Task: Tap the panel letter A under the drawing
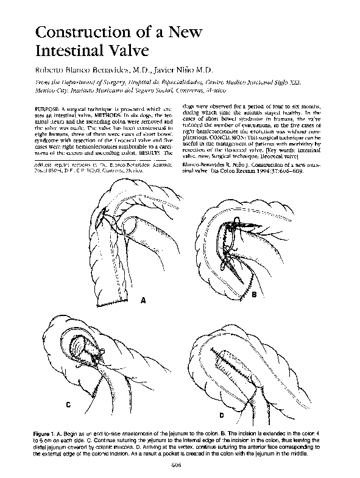[x=144, y=300]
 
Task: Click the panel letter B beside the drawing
[x=253, y=295]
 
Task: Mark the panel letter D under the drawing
[x=221, y=415]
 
